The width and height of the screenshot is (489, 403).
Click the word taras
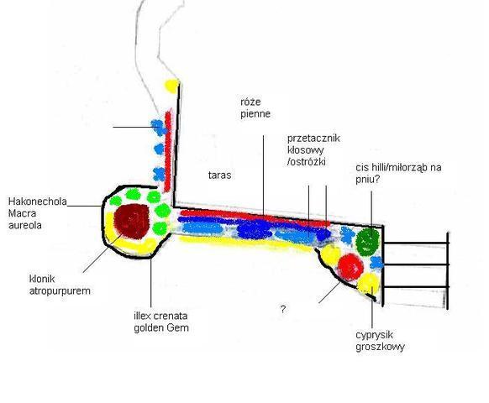point(219,175)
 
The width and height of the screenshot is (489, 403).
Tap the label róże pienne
point(255,107)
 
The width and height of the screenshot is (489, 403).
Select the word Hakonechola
point(38,201)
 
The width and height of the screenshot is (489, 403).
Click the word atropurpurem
point(60,291)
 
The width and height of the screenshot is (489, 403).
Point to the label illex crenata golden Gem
point(161,322)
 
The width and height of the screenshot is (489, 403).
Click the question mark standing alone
point(283,310)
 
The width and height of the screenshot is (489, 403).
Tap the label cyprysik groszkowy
point(380,341)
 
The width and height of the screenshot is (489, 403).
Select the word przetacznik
point(313,138)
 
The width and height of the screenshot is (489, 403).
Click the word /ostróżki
point(306,162)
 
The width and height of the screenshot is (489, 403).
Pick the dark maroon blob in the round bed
point(131,221)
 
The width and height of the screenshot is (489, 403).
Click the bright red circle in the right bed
point(350,267)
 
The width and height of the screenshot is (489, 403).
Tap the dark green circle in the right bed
point(368,242)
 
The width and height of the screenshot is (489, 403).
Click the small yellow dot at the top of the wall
point(172,86)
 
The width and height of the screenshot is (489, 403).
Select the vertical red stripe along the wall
point(168,150)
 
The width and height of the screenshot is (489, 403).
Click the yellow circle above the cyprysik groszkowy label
point(368,284)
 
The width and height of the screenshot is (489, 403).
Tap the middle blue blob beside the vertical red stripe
point(159,149)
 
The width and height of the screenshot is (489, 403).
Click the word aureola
point(25,225)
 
